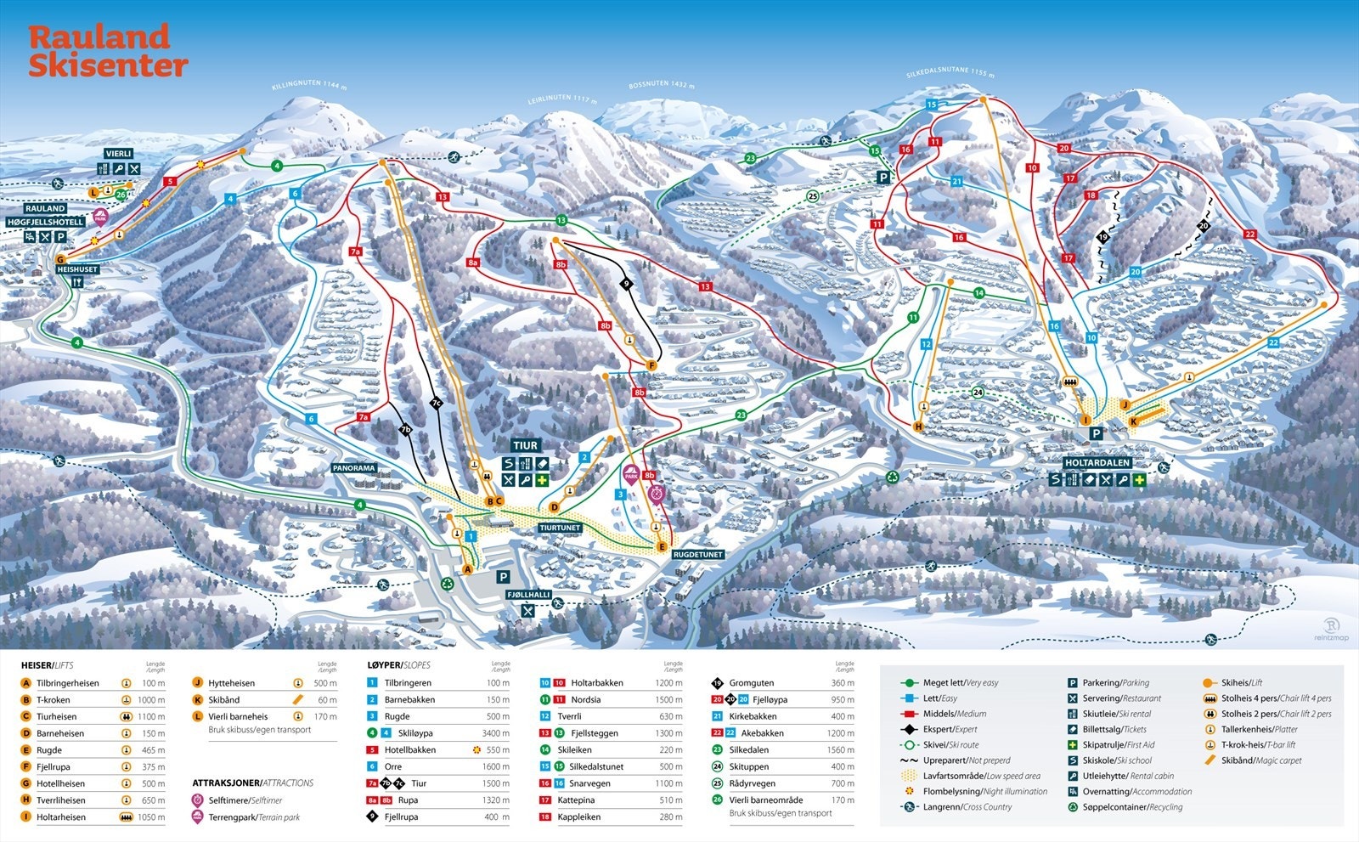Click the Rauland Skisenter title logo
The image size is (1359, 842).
click(x=107, y=51)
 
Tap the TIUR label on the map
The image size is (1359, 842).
click(x=525, y=445)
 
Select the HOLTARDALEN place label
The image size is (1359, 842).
click(x=1097, y=463)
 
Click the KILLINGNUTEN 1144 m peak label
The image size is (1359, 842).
click(x=309, y=85)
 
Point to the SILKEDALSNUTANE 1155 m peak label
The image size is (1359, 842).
click(x=950, y=74)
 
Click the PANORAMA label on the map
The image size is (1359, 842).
click(x=354, y=468)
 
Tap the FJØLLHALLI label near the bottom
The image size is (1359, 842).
click(x=529, y=595)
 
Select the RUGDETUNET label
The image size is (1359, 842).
click(x=697, y=554)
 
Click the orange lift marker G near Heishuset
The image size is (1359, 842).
click(x=60, y=260)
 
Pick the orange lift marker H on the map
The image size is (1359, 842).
click(x=918, y=427)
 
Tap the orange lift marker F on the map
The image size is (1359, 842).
click(x=651, y=365)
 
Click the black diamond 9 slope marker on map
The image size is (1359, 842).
click(x=627, y=284)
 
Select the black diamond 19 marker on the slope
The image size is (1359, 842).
click(x=1102, y=237)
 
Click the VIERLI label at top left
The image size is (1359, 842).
click(x=119, y=154)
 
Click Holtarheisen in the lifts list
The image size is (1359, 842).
click(x=61, y=817)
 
